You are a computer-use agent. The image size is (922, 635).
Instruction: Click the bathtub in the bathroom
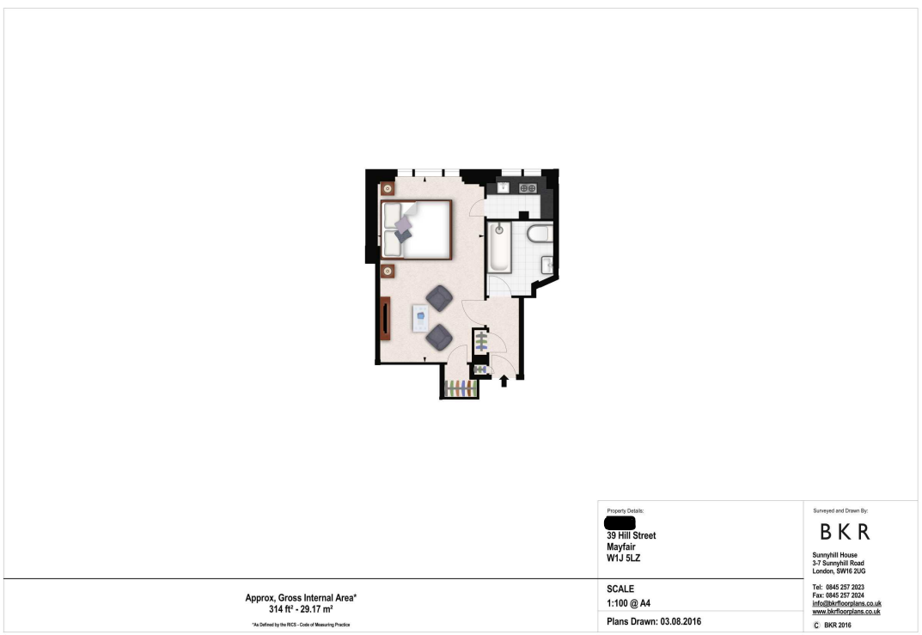click(499, 247)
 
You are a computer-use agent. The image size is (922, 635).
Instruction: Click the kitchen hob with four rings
click(528, 187)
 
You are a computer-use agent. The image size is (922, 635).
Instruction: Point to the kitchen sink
click(501, 187)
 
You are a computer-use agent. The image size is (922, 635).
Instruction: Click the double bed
click(417, 229)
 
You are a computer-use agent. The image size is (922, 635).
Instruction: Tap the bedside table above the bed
click(388, 188)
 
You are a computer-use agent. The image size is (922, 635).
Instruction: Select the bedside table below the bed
click(388, 272)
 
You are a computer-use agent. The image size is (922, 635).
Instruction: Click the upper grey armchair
click(439, 298)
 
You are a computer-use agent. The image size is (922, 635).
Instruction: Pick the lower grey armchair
click(439, 337)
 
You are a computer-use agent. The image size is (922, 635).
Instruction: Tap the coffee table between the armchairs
click(420, 317)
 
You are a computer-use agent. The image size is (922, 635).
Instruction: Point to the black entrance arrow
click(504, 380)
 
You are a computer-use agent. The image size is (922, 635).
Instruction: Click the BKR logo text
click(844, 532)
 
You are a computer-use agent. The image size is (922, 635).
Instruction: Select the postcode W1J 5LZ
click(623, 558)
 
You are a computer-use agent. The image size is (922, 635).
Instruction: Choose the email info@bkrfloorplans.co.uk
click(846, 603)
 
